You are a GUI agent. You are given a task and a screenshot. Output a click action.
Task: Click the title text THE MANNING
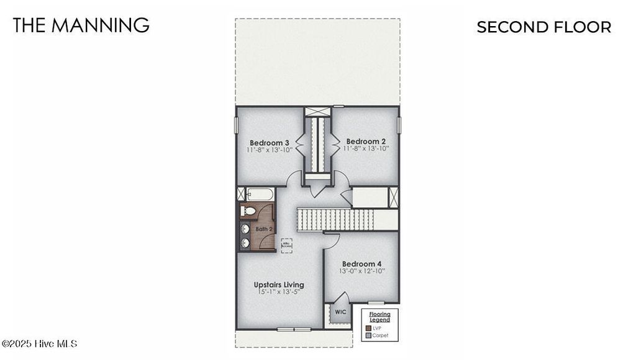[81, 25]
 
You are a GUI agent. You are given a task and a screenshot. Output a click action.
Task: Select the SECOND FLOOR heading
[543, 27]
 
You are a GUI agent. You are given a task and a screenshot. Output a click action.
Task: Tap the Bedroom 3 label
[270, 143]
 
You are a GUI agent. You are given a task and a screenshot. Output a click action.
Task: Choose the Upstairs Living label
[279, 285]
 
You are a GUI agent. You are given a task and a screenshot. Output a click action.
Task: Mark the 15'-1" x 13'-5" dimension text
[279, 293]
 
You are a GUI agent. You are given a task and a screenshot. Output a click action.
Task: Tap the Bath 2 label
[263, 229]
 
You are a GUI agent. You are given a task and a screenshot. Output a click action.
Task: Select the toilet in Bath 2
[248, 211]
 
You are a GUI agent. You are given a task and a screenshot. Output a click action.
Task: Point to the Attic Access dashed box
[286, 245]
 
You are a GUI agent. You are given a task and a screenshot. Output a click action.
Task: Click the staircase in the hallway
[335, 219]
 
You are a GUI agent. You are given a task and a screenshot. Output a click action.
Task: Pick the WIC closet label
[340, 312]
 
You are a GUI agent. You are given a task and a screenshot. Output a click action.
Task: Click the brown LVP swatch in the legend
[368, 328]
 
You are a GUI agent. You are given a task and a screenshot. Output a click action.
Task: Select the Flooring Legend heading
[379, 317]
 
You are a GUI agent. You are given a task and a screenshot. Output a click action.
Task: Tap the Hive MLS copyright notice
[39, 343]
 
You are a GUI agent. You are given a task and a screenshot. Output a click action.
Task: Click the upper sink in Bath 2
[245, 229]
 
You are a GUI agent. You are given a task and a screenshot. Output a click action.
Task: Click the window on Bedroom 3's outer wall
[236, 125]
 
